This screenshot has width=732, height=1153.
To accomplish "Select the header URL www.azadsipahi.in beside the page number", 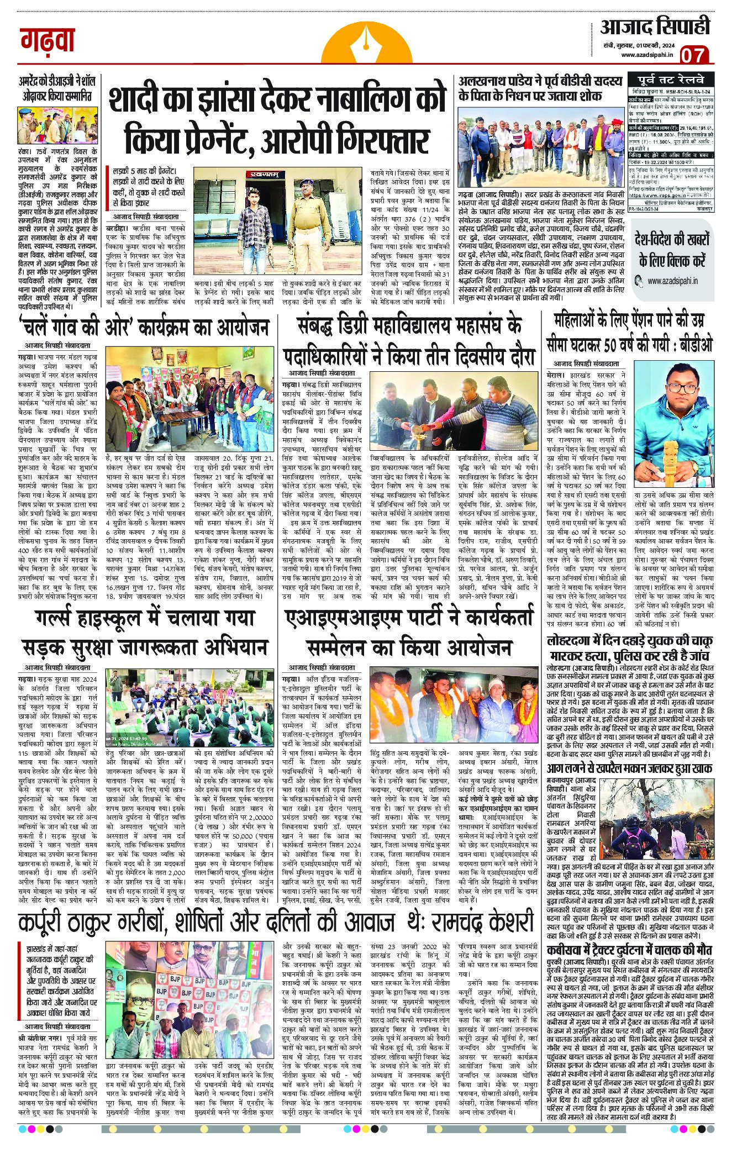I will coord(646,54).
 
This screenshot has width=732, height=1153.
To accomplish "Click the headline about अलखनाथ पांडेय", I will coord(539,88).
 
